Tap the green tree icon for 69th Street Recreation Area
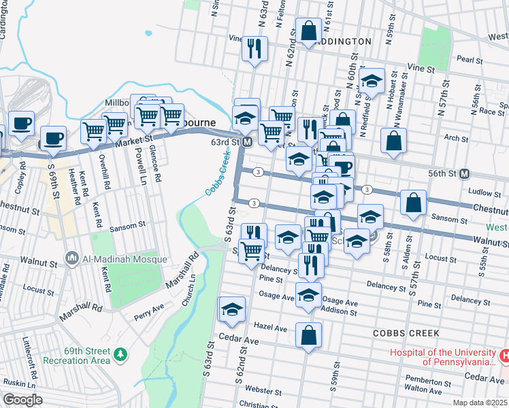pyautogui.click(x=120, y=354)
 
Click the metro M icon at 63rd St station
pyautogui.click(x=248, y=142)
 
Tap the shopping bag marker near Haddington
pyautogui.click(x=308, y=31)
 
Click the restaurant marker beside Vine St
pyautogui.click(x=255, y=48)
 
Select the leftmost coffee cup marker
pyautogui.click(x=22, y=124)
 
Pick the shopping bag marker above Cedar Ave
pyautogui.click(x=308, y=335)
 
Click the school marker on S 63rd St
pyautogui.click(x=231, y=309)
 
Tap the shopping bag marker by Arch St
pyautogui.click(x=393, y=141)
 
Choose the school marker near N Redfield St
pyautogui.click(x=372, y=82)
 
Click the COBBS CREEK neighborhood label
pyautogui.click(x=406, y=333)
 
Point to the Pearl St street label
pyautogui.click(x=469, y=60)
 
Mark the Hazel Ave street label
pyautogui.click(x=271, y=328)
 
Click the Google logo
pyautogui.click(x=23, y=400)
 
